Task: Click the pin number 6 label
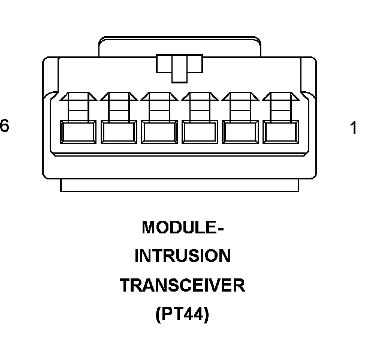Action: coord(5,127)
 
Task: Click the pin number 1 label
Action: coord(354,128)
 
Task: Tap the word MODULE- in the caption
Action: coord(183,228)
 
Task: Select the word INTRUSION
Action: coord(182,256)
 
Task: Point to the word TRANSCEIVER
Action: coord(183,285)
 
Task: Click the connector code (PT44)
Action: coord(183,314)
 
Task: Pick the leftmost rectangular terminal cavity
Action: coord(79,131)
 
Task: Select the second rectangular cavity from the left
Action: coord(119,131)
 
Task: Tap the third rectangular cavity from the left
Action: coord(159,131)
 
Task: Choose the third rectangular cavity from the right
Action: coord(200,131)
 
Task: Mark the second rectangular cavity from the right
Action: coord(240,131)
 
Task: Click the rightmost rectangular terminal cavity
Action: coord(280,131)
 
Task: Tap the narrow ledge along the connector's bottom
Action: coord(179,186)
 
